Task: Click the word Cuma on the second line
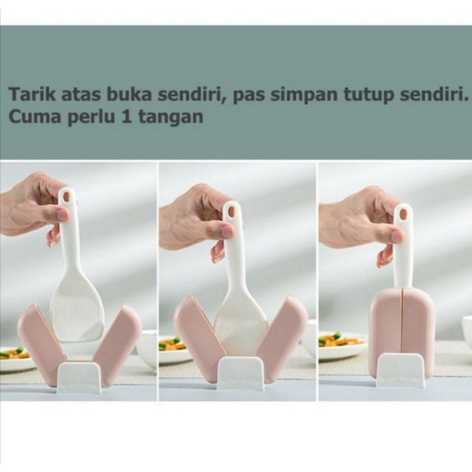pos(35,116)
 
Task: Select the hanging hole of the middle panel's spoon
pos(231,211)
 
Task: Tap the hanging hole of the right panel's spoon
pos(402,214)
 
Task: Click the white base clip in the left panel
pos(80,378)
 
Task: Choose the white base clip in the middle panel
pos(241,373)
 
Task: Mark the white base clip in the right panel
pos(401,371)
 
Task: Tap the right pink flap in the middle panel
pos(281,328)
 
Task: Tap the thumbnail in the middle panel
pos(227,231)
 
